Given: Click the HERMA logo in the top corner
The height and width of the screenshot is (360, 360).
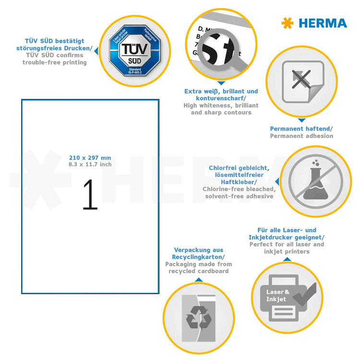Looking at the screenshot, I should tap(314, 23).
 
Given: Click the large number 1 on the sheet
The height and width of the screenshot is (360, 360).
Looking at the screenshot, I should tap(90, 194).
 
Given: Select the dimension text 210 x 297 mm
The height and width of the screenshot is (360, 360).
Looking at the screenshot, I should tap(90, 157).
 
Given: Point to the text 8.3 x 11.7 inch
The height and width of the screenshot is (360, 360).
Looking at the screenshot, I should tap(90, 165).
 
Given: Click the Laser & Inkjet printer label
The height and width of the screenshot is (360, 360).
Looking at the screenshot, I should tap(277, 295).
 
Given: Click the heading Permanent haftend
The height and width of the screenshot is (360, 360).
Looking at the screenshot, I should tap(301, 129).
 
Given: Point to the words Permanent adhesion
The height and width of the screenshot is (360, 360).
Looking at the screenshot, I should tap(301, 136).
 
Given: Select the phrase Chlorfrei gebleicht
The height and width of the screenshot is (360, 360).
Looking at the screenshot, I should tap(239, 168).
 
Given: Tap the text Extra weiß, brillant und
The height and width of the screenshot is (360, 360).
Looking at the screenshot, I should tap(221, 91).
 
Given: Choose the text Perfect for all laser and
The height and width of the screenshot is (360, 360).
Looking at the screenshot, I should tap(287, 244).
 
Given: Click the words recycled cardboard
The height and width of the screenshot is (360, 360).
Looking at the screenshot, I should tap(198, 271).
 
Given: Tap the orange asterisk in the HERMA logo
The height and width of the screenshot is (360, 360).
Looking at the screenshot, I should tap(287, 23).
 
